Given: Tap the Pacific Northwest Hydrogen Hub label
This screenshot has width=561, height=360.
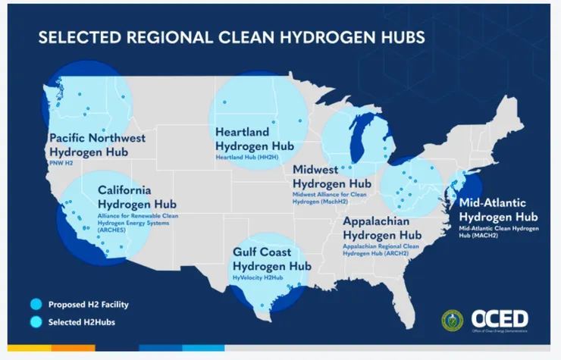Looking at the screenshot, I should [98, 145].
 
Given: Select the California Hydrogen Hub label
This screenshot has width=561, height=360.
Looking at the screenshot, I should [136, 197].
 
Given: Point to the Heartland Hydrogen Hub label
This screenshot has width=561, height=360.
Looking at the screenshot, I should [255, 139].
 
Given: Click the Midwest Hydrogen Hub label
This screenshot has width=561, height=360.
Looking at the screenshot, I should [332, 177].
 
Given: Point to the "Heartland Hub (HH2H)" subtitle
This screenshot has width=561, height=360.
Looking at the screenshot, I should [248, 157].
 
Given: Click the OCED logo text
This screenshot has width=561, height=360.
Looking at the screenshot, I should [499, 318].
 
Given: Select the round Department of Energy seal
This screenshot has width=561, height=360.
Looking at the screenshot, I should [453, 320].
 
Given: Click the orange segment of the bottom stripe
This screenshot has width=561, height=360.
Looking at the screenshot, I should [73, 348].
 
